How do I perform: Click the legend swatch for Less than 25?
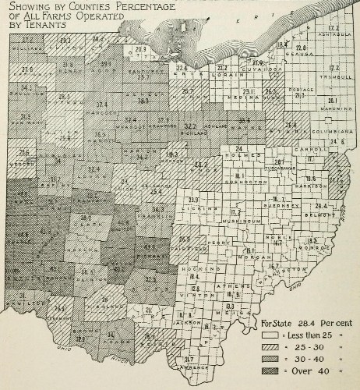tap(270, 333)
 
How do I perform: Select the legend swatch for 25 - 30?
tap(270, 346)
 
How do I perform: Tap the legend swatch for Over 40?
tap(270, 369)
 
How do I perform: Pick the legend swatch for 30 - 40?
tap(270, 357)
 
